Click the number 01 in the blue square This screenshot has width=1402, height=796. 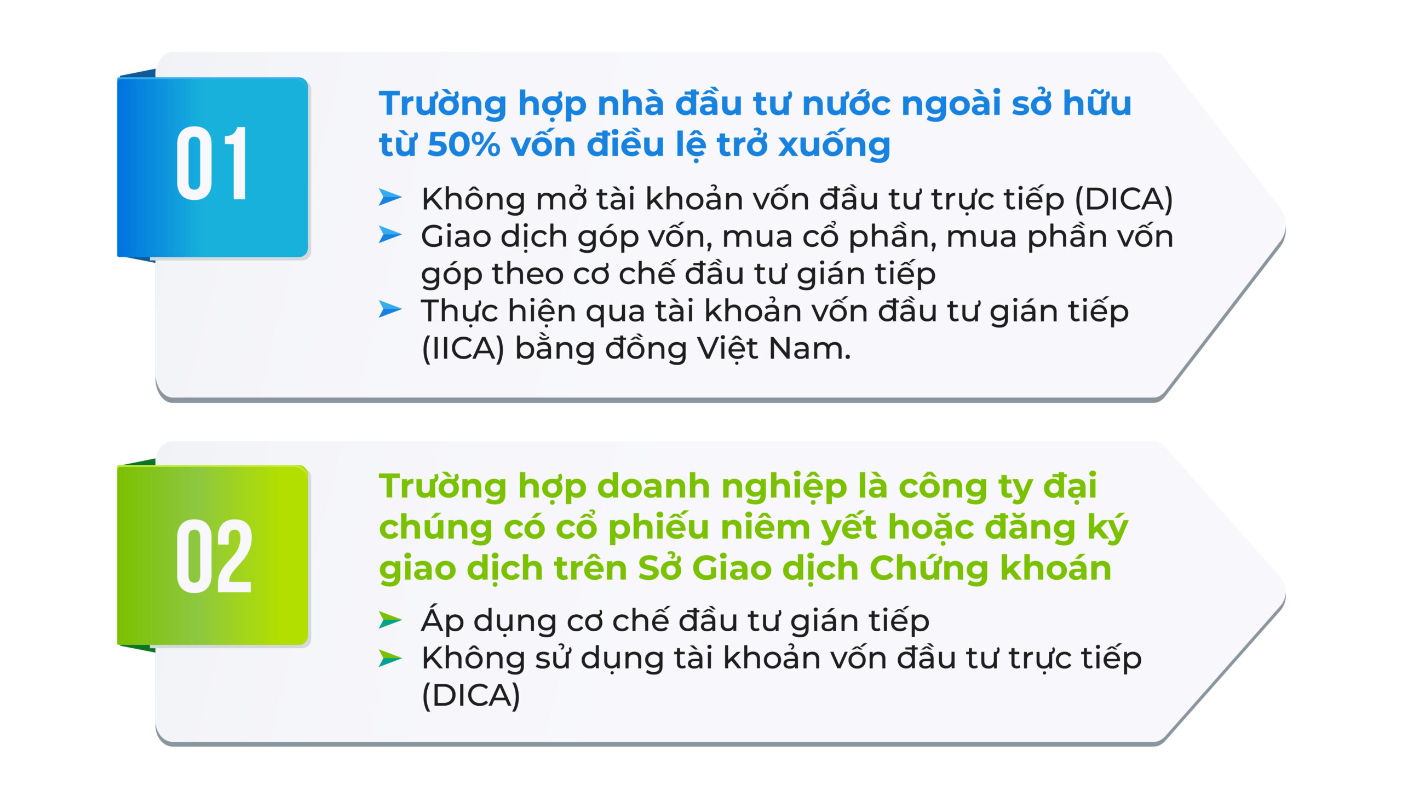[x=212, y=163]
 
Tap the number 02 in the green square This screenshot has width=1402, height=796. [x=214, y=555]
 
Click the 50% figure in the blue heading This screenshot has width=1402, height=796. [x=463, y=145]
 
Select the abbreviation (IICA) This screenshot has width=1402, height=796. [x=463, y=349]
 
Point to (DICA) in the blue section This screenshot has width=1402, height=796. [x=1124, y=199]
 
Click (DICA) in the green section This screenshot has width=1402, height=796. [x=471, y=695]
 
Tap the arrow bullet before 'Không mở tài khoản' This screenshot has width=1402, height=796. [x=390, y=197]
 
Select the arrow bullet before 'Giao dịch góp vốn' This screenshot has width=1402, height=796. [x=390, y=234]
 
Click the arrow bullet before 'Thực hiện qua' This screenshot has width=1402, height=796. [x=390, y=309]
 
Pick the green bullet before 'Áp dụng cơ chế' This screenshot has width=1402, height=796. [x=390, y=620]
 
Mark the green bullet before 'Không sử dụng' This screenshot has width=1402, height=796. [x=390, y=658]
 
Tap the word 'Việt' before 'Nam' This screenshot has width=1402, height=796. [x=727, y=349]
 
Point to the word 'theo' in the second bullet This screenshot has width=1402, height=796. [x=528, y=274]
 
